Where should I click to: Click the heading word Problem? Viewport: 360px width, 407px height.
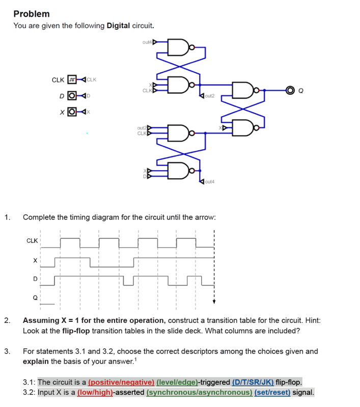(31, 14)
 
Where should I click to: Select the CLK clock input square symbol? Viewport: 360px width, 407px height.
(72, 80)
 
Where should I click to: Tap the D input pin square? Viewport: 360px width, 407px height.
(72, 95)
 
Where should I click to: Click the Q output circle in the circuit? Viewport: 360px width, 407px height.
(290, 91)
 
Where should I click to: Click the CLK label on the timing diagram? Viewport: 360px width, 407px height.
(32, 239)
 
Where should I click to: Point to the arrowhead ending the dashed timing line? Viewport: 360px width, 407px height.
(214, 301)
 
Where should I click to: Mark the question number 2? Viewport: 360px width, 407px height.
(7, 320)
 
